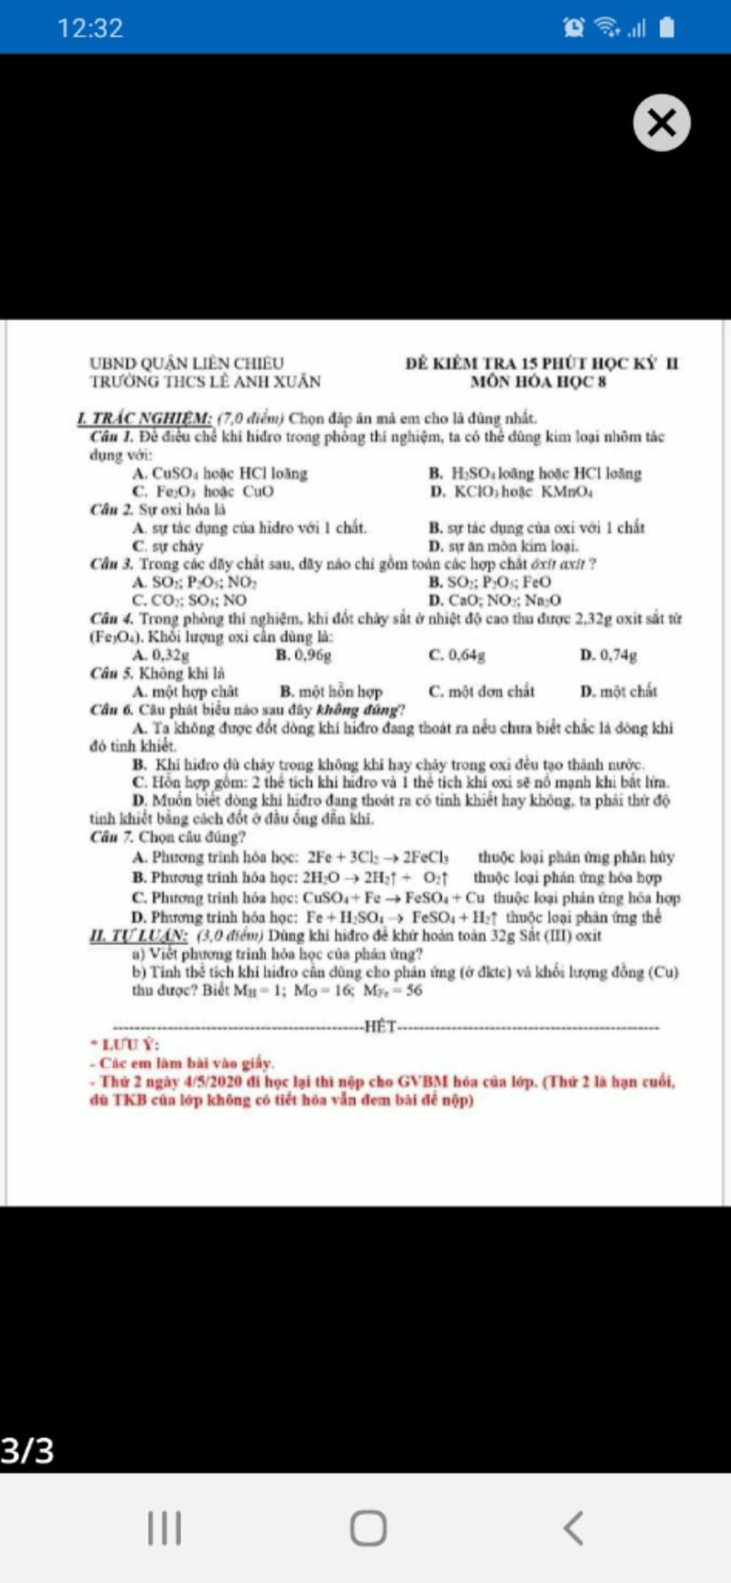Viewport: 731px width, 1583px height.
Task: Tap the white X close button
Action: [661, 123]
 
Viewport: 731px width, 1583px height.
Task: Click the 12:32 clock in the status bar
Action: [90, 29]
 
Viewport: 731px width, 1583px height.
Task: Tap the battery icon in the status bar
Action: [666, 28]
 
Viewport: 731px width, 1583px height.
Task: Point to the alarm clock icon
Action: [573, 28]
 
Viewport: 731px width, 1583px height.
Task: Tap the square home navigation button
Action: [368, 1528]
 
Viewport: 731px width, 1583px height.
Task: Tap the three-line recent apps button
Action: [164, 1528]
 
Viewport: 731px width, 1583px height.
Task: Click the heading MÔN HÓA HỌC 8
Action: [538, 381]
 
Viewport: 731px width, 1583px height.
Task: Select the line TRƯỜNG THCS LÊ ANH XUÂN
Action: [205, 381]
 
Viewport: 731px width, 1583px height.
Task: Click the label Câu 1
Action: [111, 436]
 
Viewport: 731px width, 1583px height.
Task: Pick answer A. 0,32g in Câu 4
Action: [161, 655]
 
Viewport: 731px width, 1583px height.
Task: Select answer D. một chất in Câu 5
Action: [618, 691]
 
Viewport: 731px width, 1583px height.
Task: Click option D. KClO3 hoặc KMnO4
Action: [511, 491]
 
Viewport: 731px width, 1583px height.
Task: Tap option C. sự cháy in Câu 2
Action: [168, 546]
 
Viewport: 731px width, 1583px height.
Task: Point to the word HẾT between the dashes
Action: [380, 1027]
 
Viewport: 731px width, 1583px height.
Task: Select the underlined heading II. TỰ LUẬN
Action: [138, 935]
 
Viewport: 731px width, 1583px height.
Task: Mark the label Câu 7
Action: [111, 837]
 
